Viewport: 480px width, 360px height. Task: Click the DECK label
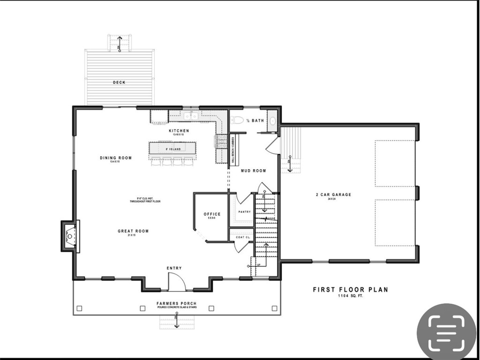(x=119, y=82)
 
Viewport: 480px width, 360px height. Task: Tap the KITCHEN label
(x=179, y=131)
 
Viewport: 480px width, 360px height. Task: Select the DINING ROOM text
(x=116, y=158)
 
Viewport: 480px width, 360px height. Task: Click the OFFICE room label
(x=212, y=214)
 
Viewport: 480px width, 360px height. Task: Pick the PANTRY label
(x=244, y=212)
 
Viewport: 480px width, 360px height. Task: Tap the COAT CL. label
(x=243, y=238)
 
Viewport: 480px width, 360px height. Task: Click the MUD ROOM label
(x=254, y=171)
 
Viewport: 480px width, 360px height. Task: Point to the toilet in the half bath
(x=237, y=120)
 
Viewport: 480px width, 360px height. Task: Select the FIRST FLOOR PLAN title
(x=350, y=290)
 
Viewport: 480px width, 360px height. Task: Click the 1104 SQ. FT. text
(x=350, y=297)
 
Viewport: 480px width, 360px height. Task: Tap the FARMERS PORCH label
(x=176, y=304)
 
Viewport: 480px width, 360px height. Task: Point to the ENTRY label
(x=174, y=268)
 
